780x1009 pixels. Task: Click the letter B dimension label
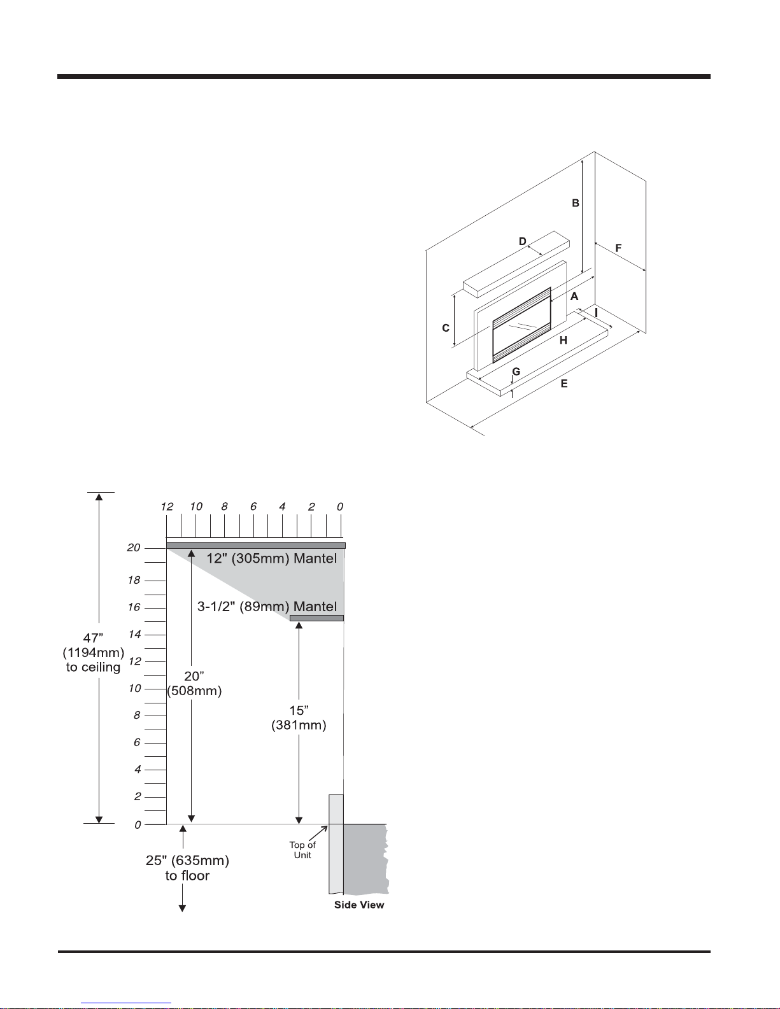pos(575,203)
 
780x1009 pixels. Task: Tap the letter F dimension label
pos(618,248)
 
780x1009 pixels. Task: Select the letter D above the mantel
pos(522,241)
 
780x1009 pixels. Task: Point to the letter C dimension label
pos(446,328)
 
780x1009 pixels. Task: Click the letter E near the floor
pos(564,383)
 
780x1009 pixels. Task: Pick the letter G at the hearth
pos(516,372)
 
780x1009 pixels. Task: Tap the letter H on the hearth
pos(563,341)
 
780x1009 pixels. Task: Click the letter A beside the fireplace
pos(574,296)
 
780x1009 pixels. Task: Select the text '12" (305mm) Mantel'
pos(272,558)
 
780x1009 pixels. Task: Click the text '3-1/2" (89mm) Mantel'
pos(267,607)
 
